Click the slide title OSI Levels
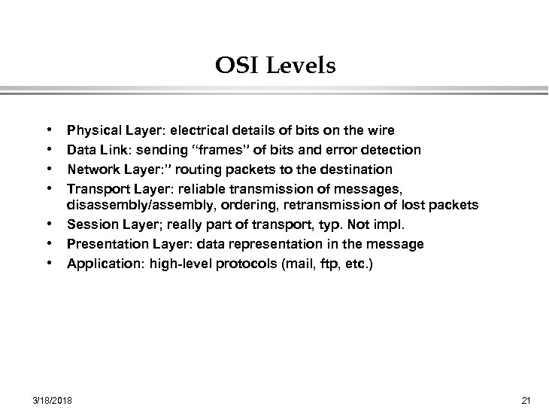275,66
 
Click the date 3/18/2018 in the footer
52,399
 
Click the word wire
381,132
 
